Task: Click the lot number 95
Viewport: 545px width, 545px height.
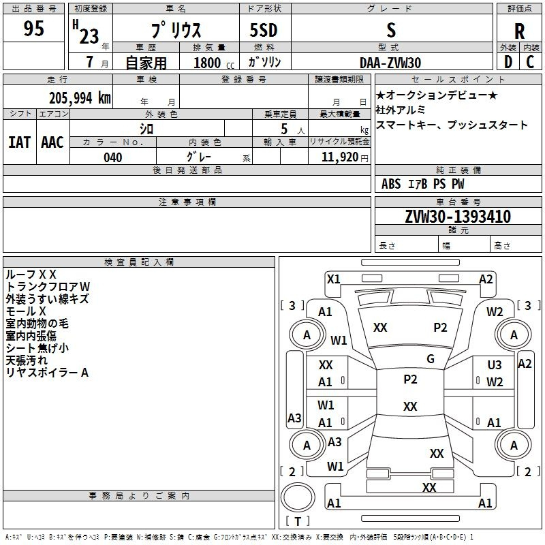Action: pos(33,28)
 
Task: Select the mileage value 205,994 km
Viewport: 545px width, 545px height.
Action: pos(80,98)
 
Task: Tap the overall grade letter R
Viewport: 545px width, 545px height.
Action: pos(519,31)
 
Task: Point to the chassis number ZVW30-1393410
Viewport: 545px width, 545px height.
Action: pos(458,216)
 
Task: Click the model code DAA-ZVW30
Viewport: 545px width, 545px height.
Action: pos(390,63)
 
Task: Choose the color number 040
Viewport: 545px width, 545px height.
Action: pos(113,157)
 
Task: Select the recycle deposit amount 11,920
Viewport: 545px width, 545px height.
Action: pos(339,157)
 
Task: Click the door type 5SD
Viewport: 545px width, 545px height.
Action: pos(264,30)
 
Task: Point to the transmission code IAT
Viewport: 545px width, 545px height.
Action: pos(20,142)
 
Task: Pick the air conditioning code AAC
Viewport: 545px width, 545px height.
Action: pos(52,142)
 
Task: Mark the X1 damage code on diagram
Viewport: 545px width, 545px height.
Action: pos(333,279)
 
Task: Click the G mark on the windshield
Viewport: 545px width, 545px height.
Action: pos(431,358)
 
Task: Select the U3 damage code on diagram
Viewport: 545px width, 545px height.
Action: pos(495,364)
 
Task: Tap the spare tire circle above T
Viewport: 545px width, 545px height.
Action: pos(298,497)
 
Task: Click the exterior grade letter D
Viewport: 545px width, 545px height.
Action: pos(508,62)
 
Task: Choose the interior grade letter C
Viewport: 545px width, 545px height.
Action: pos(530,62)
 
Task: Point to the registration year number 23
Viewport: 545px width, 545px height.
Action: pos(89,36)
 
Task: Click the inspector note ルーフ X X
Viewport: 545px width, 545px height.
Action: pos(31,275)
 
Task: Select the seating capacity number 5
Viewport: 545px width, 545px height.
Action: pos(284,129)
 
